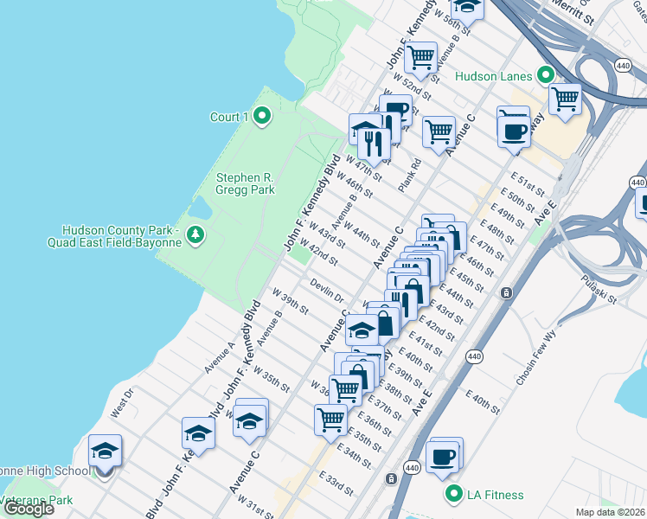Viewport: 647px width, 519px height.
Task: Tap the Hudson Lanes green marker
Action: tap(546, 75)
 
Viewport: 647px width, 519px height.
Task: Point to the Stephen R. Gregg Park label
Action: tap(245, 183)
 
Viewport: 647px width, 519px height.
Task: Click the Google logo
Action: tap(29, 509)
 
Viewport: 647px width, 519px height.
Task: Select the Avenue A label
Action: tap(220, 357)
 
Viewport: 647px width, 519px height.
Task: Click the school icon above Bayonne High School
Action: tap(105, 451)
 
